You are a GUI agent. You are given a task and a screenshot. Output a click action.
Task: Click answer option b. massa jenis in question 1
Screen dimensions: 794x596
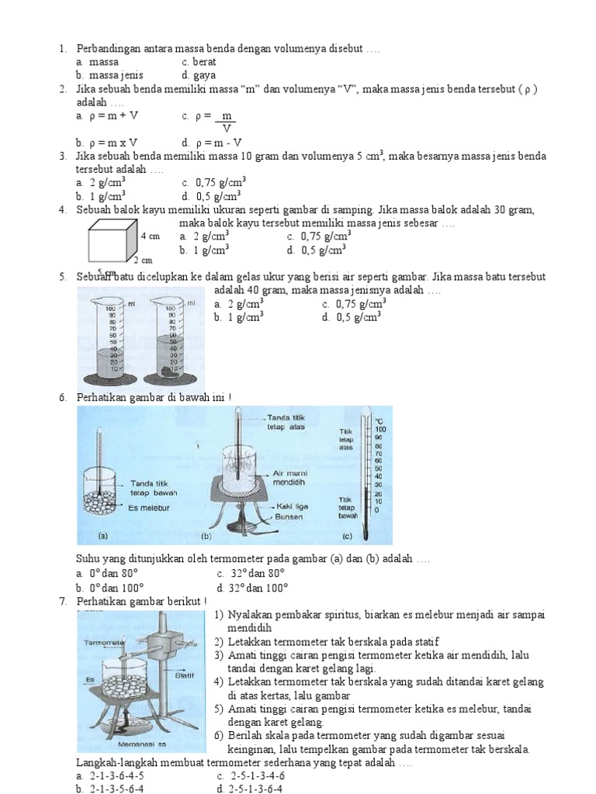pyautogui.click(x=109, y=75)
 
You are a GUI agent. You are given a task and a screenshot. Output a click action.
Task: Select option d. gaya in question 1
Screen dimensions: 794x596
pyautogui.click(x=196, y=75)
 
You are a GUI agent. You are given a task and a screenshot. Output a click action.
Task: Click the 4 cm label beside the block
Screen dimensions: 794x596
pyautogui.click(x=150, y=236)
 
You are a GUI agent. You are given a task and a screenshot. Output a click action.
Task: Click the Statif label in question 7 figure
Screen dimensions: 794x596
pyautogui.click(x=185, y=675)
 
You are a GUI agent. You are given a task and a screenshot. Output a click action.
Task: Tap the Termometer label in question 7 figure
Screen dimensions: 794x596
pyautogui.click(x=103, y=643)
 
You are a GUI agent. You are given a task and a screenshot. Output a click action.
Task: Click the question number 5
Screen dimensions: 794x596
pyautogui.click(x=62, y=277)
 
